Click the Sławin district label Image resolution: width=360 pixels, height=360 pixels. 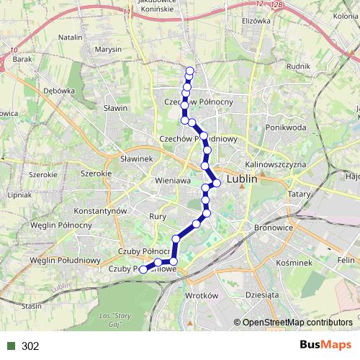(114, 108)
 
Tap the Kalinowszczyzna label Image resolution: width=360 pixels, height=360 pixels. (276, 164)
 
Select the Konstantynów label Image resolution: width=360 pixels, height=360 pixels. (102, 210)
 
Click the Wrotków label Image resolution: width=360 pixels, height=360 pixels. (201, 296)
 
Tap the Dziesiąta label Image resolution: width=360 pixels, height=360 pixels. (261, 294)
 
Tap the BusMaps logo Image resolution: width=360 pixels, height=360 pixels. (325, 346)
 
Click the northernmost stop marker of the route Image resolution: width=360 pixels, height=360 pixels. (190, 71)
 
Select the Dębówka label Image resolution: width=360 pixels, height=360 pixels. (59, 91)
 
